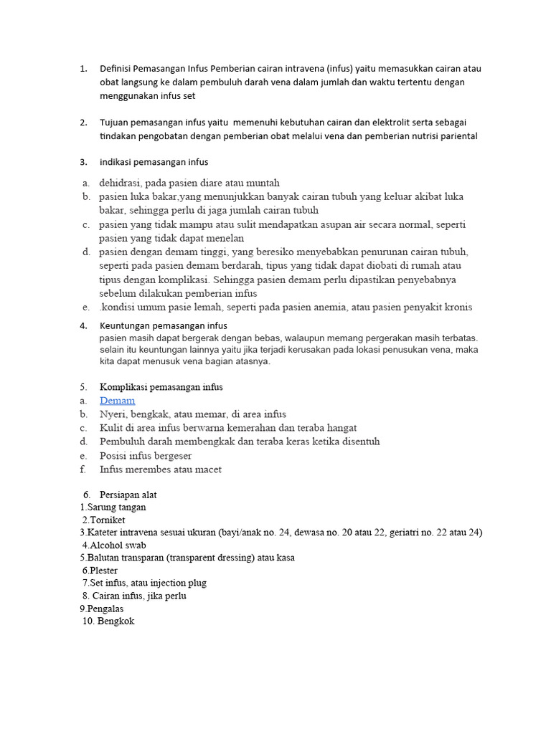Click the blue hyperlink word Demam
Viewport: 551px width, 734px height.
point(117,401)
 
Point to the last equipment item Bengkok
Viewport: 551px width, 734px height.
point(116,621)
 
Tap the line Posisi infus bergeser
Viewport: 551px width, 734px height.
point(146,455)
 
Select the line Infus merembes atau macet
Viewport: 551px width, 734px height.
point(161,470)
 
